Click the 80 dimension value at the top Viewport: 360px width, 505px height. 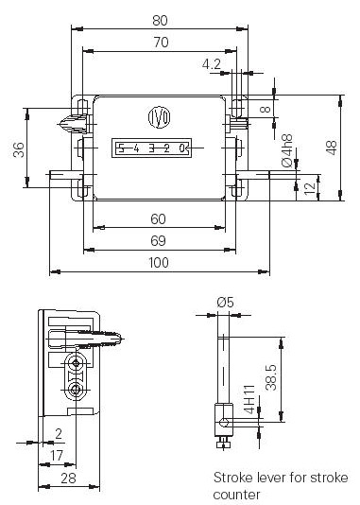point(160,20)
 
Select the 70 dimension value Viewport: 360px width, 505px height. point(161,43)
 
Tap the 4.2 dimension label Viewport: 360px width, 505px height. point(212,64)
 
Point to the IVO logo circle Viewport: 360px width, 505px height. point(160,117)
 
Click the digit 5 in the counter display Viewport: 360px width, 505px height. point(121,148)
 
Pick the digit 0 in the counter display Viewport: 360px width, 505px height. point(182,148)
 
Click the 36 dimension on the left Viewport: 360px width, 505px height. point(19,149)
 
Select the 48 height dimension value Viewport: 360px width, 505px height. point(332,148)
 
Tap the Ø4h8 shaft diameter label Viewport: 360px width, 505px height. point(287,150)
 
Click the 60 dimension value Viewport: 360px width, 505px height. point(159,219)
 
